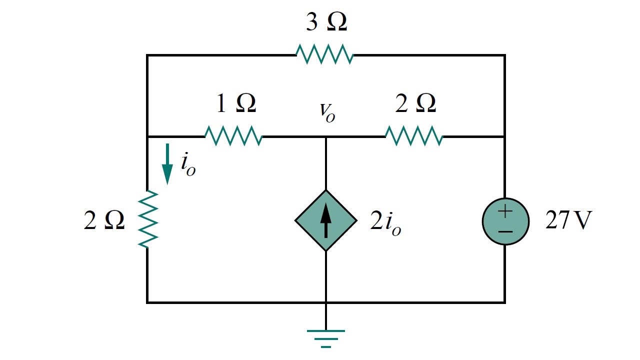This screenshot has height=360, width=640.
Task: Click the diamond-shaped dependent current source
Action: coord(326,220)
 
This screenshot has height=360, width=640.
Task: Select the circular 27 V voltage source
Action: coord(505,221)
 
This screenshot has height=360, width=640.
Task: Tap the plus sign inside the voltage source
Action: coord(505,211)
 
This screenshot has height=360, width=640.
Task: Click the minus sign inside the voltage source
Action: coord(505,231)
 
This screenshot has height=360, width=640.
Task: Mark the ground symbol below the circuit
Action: coord(326,338)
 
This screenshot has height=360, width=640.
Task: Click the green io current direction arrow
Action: coord(167,164)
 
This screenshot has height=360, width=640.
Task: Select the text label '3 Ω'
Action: coord(326,23)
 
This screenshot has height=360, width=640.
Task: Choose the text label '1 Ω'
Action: coord(235,103)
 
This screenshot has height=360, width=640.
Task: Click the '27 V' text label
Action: coord(568,220)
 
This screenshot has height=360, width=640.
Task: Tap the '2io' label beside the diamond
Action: coord(385,222)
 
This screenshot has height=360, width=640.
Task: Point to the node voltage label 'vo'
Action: coord(327,112)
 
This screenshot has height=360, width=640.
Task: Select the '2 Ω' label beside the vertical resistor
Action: coord(104,221)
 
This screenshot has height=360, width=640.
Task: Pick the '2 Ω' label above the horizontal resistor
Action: coord(415,103)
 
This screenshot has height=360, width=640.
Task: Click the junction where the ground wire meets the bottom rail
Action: coord(326,302)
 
